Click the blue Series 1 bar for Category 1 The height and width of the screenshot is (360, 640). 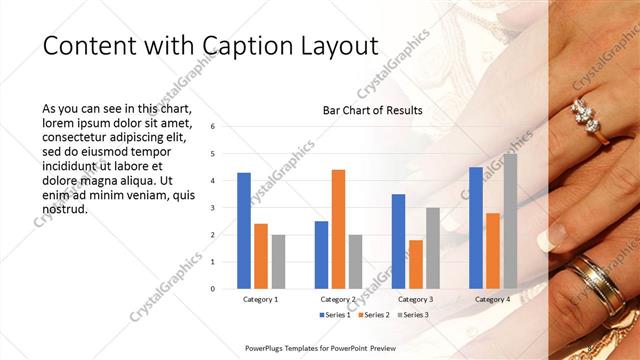pyautogui.click(x=244, y=230)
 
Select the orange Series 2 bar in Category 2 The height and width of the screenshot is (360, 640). pyautogui.click(x=338, y=229)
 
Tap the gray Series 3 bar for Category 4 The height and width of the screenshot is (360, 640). pyautogui.click(x=510, y=221)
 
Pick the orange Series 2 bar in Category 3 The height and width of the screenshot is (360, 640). pyautogui.click(x=415, y=264)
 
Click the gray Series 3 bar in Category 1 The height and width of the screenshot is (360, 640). pyautogui.click(x=278, y=261)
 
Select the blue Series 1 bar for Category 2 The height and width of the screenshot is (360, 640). pyautogui.click(x=321, y=254)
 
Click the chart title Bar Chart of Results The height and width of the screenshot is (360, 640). pyautogui.click(x=372, y=110)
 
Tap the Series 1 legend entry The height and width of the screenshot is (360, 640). pyautogui.click(x=336, y=315)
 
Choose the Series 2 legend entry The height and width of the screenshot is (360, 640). pyautogui.click(x=375, y=315)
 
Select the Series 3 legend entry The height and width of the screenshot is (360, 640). pyautogui.click(x=414, y=315)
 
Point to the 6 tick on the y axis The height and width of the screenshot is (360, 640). pyautogui.click(x=212, y=127)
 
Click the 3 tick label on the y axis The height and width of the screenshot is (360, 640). pyautogui.click(x=212, y=208)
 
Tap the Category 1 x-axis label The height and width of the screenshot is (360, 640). pyautogui.click(x=261, y=299)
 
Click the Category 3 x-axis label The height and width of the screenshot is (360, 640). pyautogui.click(x=415, y=299)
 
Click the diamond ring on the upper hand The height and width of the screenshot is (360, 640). pyautogui.click(x=587, y=118)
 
